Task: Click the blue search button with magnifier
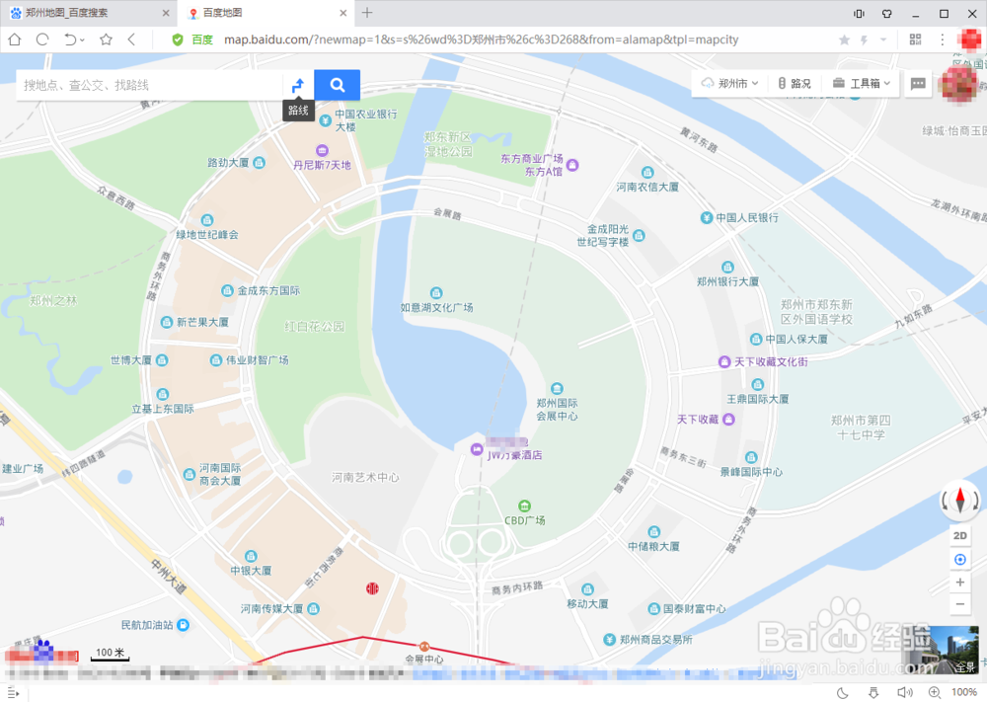tap(337, 85)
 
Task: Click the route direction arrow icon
tap(298, 85)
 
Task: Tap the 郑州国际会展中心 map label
tap(557, 409)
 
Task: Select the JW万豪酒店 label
tap(515, 455)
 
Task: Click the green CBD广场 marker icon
tap(525, 505)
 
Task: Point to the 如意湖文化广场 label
tap(436, 307)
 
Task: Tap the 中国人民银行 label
tap(747, 217)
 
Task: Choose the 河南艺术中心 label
tap(365, 477)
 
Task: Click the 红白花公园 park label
tap(315, 326)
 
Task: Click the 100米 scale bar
tap(110, 654)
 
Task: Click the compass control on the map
tap(959, 501)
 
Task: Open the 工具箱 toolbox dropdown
tap(862, 84)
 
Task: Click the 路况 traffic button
tap(795, 84)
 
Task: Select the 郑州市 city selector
tap(730, 84)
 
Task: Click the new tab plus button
tap(367, 13)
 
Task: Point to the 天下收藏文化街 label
tap(770, 362)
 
